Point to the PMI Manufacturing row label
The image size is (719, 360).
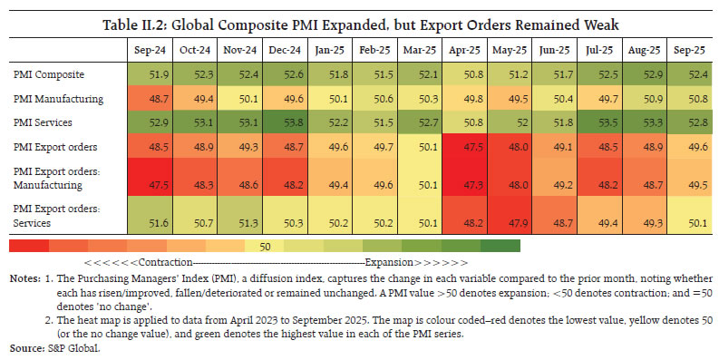pyautogui.click(x=56, y=99)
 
